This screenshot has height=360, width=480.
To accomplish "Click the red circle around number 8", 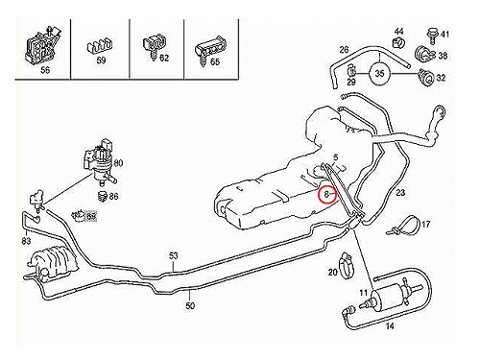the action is [327, 187].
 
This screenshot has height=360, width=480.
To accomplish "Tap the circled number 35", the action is [379, 74].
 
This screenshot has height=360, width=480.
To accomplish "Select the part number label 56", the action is [45, 70].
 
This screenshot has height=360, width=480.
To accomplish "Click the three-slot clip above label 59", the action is [99, 47].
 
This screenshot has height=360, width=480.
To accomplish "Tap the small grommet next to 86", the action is [103, 196].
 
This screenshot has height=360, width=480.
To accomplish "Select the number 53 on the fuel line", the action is [173, 255].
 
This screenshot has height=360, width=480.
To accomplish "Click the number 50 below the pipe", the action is [190, 305].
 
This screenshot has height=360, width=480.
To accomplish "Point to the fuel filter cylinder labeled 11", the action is [389, 295].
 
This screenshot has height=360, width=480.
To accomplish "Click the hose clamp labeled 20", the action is [347, 265].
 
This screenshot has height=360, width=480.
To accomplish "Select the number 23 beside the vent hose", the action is [400, 193].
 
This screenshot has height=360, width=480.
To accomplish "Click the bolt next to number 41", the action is [431, 36].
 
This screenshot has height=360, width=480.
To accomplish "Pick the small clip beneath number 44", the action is [398, 42].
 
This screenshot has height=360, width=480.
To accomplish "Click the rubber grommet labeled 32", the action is [426, 77].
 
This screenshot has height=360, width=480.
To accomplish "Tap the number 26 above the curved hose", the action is [344, 50].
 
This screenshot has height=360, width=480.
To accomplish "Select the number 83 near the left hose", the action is [26, 240].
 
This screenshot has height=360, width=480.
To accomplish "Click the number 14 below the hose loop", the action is [390, 326].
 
